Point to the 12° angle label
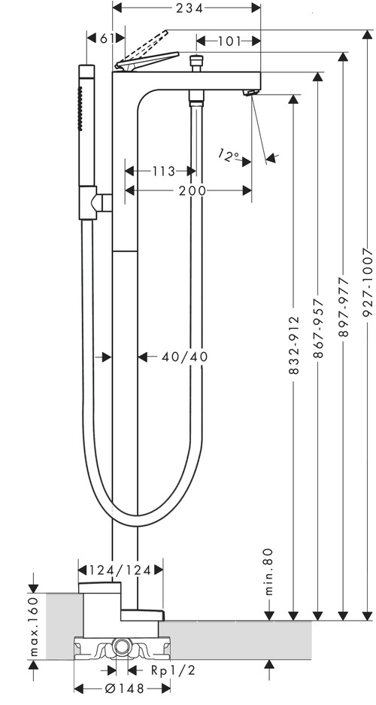click(x=229, y=156)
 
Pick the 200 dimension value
click(x=192, y=191)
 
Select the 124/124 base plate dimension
click(x=120, y=570)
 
